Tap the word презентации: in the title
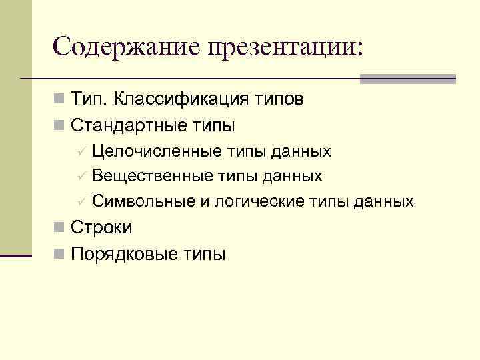tap(285, 46)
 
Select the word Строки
tap(101, 227)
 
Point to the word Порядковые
tap(121, 254)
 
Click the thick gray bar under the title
tap(407, 78)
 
